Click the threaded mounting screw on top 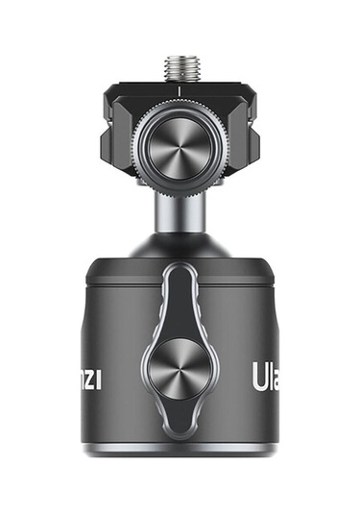click(180, 67)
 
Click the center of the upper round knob click(180, 143)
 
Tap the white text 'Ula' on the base click(266, 372)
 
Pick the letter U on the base click(256, 372)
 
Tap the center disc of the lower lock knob click(180, 370)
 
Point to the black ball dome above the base click(180, 245)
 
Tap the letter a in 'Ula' click(275, 374)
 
